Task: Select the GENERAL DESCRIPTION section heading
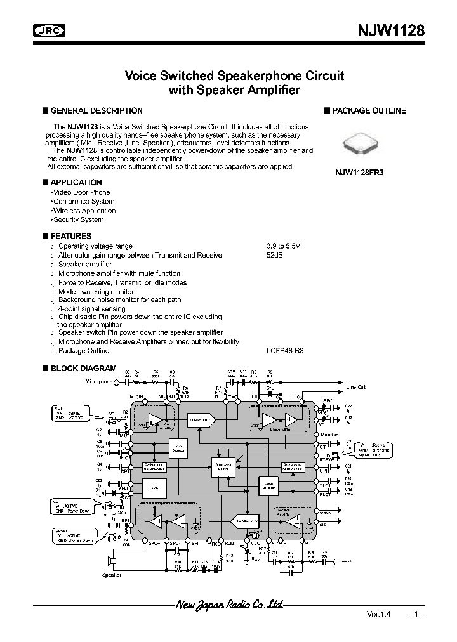pos(96,110)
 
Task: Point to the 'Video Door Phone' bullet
pos(81,192)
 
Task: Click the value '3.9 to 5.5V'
pos(283,246)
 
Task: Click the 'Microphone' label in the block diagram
pos(98,381)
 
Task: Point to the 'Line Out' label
pos(355,387)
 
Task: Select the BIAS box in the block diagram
pos(150,487)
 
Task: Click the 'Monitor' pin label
pos(329,435)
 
